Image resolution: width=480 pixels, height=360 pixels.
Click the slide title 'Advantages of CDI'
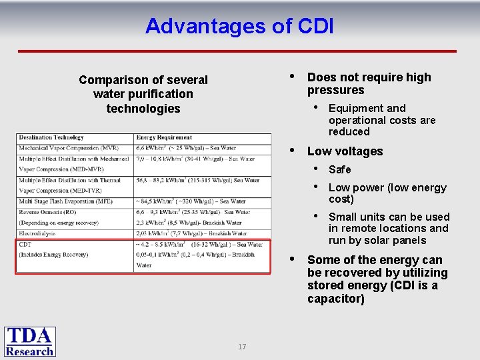[x=239, y=26]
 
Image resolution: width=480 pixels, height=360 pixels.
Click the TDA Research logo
[x=30, y=341]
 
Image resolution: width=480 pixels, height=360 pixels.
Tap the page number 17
[x=241, y=347]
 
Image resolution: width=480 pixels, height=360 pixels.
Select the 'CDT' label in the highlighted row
[x=25, y=244]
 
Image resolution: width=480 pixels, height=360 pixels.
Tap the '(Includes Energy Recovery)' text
[x=55, y=255]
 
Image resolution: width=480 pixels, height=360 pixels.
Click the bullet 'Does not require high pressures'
[x=369, y=83]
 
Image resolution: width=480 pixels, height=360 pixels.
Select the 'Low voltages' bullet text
[x=345, y=151]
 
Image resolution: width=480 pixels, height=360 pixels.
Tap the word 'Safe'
[x=339, y=169]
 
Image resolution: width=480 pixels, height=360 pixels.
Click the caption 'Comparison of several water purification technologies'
[x=143, y=94]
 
